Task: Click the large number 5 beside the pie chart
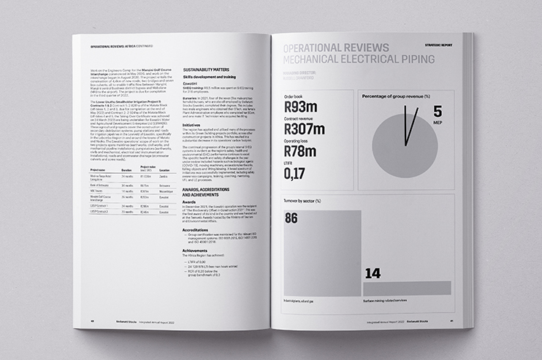pyautogui.click(x=437, y=111)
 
